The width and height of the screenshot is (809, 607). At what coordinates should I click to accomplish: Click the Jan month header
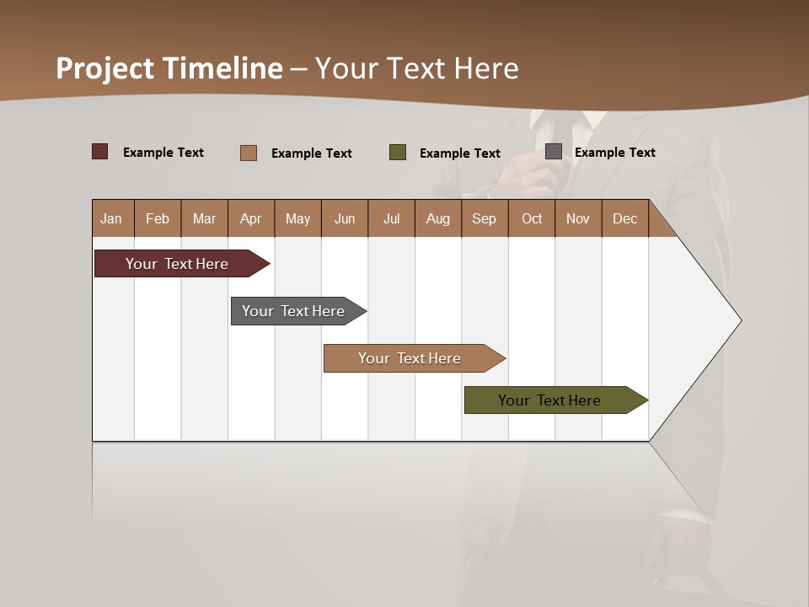click(x=111, y=218)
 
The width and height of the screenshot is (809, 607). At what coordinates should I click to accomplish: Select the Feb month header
click(x=158, y=218)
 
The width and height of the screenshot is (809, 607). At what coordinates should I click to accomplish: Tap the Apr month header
click(x=251, y=218)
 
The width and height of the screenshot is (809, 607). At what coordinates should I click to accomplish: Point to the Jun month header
click(x=345, y=218)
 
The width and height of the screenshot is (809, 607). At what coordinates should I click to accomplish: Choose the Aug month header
click(x=438, y=218)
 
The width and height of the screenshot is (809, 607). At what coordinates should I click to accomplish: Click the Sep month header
click(x=485, y=218)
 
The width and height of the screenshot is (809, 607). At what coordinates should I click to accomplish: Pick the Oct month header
click(x=532, y=218)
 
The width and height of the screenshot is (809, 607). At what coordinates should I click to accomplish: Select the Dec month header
click(x=625, y=218)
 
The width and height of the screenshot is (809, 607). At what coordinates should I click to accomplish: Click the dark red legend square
click(x=100, y=152)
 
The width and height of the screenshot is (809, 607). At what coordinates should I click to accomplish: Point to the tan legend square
click(x=248, y=153)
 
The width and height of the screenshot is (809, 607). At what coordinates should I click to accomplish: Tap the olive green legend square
click(x=398, y=153)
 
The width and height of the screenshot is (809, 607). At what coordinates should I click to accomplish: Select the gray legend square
click(x=554, y=152)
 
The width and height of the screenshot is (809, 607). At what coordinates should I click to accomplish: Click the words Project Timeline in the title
click(x=169, y=68)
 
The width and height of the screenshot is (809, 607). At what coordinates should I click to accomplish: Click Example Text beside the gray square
click(x=614, y=153)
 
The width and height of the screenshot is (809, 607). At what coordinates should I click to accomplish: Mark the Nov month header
click(x=578, y=218)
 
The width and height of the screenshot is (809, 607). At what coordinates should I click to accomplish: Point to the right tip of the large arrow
click(x=739, y=320)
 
